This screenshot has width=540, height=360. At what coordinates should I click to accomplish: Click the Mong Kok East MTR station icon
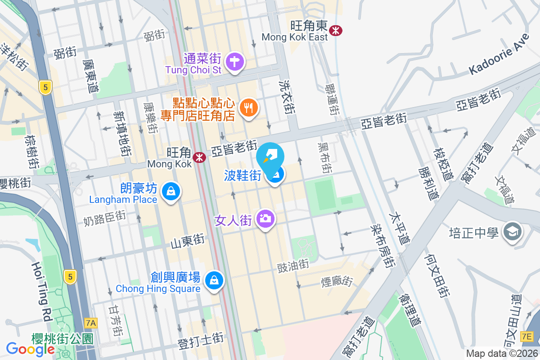335,31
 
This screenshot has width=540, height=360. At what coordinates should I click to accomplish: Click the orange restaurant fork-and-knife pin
248,107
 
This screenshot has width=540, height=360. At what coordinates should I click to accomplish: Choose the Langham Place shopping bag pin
171,192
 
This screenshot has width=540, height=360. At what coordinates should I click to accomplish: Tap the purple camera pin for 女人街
265,219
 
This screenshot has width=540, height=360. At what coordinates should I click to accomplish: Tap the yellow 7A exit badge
91,323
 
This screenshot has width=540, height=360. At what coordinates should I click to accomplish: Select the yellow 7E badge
526,336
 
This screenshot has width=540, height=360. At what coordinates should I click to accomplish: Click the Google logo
31,349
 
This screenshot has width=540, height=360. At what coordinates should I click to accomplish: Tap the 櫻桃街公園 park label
63,338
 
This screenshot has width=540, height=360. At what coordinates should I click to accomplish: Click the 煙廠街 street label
337,282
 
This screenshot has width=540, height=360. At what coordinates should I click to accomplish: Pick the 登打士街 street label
201,343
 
